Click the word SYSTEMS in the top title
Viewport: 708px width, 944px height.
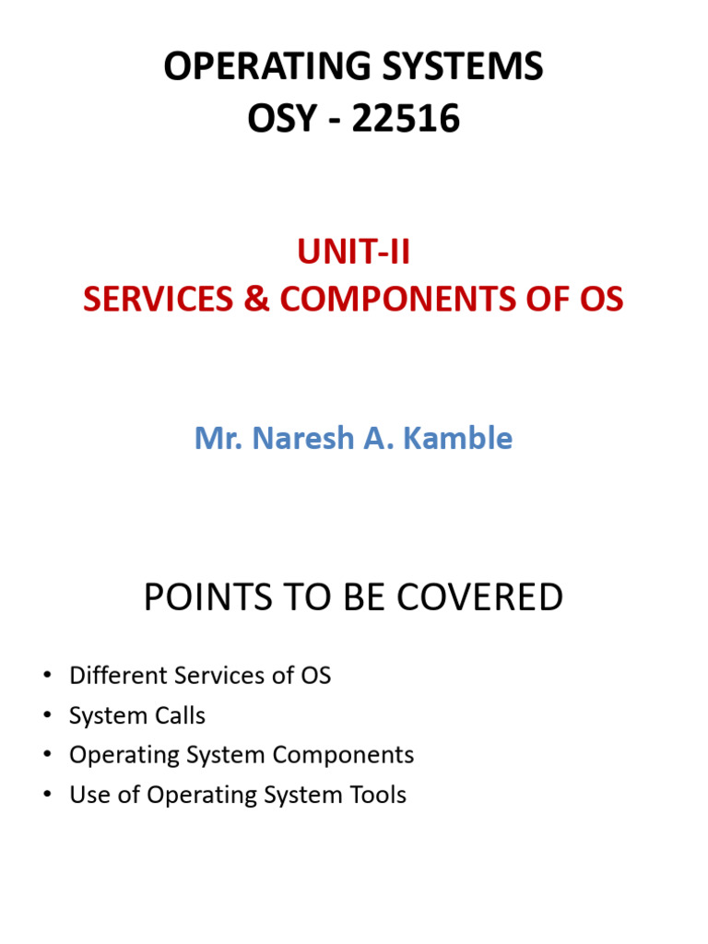pos(447,67)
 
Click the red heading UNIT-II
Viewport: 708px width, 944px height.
pos(353,252)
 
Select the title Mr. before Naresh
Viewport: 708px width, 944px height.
pos(218,438)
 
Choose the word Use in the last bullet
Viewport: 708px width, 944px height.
pos(88,795)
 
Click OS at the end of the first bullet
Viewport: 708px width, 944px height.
pos(314,676)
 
